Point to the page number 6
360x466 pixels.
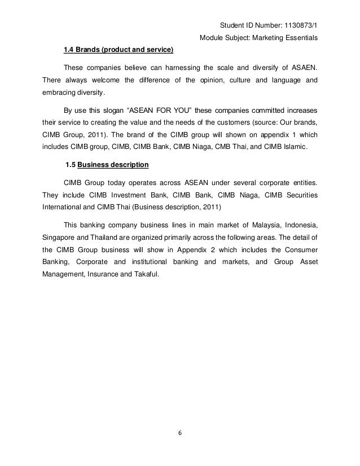[179, 433]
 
